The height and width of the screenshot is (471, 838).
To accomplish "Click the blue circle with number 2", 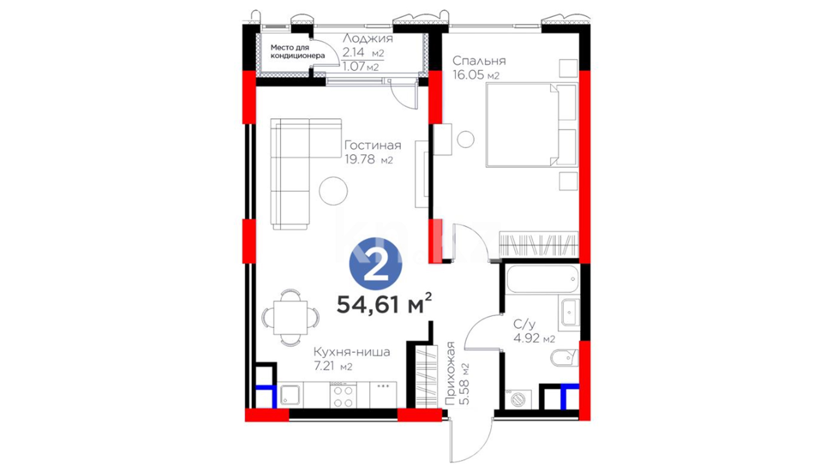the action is (x=375, y=264).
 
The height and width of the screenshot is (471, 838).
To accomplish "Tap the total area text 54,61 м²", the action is (x=384, y=304).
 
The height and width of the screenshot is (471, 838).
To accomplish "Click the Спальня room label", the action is (x=479, y=60).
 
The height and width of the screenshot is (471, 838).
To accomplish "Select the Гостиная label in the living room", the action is (x=372, y=145).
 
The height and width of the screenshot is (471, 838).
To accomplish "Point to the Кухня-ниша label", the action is (x=352, y=352).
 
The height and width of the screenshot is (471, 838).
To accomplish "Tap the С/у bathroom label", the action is (x=524, y=324).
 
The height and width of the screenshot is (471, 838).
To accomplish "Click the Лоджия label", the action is (x=367, y=38).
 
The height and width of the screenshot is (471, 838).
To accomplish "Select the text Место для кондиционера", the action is (x=297, y=51).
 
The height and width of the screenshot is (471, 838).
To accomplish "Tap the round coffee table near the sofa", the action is (x=333, y=191).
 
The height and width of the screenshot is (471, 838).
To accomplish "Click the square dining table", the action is (x=290, y=317).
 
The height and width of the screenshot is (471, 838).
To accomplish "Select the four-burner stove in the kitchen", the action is (x=343, y=395).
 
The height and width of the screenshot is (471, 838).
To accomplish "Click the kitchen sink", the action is (x=289, y=395).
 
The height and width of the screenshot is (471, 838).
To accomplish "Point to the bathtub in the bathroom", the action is (x=543, y=279).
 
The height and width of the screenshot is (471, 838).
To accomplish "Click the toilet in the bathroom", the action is (x=564, y=358).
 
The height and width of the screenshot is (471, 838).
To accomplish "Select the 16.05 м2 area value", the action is (x=476, y=75).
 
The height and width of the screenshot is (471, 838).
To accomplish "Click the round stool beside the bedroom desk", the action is (x=466, y=139).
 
